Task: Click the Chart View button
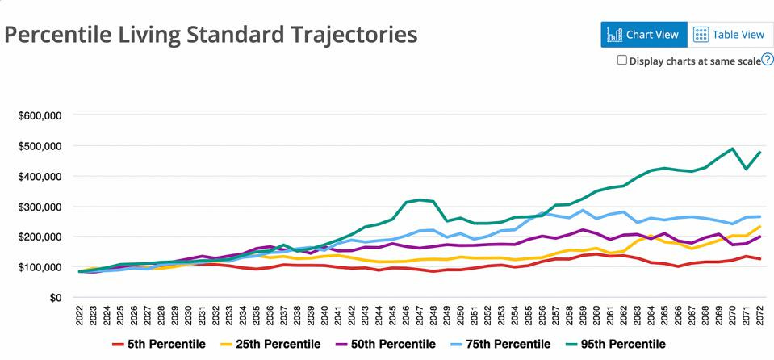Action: click(x=644, y=35)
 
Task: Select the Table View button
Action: click(x=729, y=35)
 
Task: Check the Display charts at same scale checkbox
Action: click(x=621, y=60)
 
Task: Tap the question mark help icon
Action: click(x=768, y=60)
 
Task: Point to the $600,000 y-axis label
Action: click(x=39, y=115)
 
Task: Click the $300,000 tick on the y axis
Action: click(x=39, y=207)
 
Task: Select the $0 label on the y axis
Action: click(x=52, y=297)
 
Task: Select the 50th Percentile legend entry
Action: click(x=388, y=345)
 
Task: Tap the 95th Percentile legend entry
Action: click(x=618, y=345)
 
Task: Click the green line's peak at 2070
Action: click(x=731, y=149)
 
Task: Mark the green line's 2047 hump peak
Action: click(x=420, y=199)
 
